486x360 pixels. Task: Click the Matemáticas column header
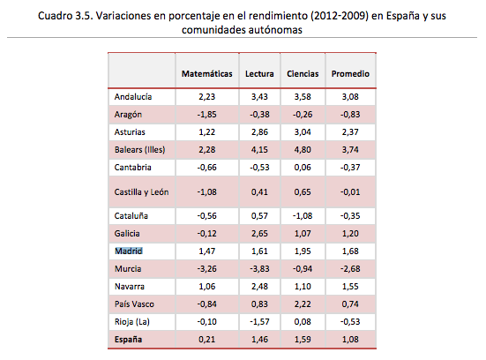pos(206,74)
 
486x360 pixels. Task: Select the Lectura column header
pos(259,74)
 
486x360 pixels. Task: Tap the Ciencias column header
pos(303,74)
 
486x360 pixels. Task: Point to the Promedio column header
pos(350,74)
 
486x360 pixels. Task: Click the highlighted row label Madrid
pos(129,251)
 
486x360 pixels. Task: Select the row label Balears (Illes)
pos(139,150)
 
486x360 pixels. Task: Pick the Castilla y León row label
pos(142,192)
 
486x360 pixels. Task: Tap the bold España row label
pos(128,340)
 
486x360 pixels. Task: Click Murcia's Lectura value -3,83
pos(259,268)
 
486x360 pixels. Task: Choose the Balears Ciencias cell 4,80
pos(303,150)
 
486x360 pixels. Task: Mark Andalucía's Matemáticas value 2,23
pos(206,97)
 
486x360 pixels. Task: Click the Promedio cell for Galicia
pos(350,233)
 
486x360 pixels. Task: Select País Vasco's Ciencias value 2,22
pos(303,304)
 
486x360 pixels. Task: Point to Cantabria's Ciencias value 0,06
pos(303,168)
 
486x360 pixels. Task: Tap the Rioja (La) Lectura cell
pos(259,321)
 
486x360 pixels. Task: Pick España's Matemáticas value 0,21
pos(206,339)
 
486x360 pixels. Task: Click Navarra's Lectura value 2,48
pos(259,286)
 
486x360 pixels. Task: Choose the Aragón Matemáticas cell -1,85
pos(206,115)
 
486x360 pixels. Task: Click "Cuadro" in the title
pos(56,16)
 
